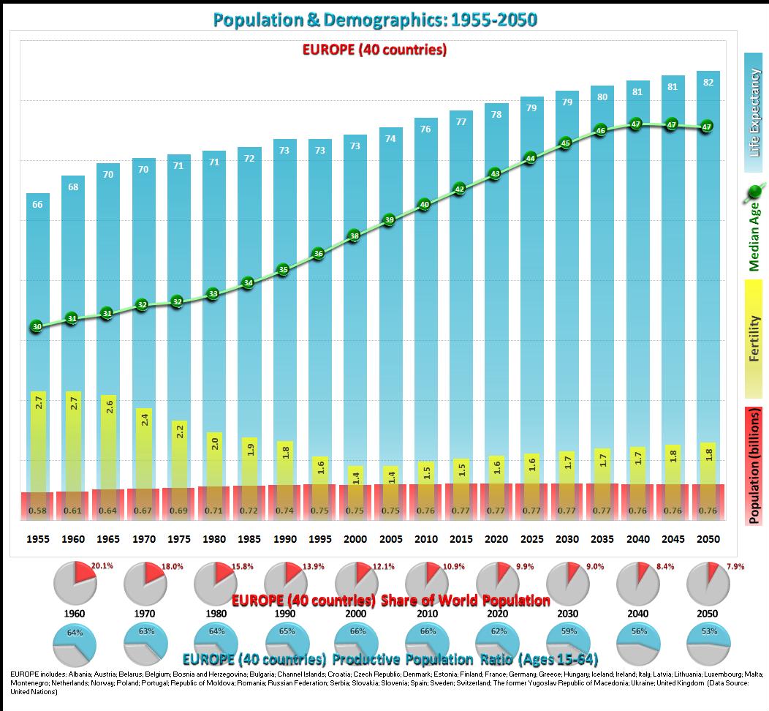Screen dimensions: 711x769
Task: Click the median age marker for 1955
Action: (37, 327)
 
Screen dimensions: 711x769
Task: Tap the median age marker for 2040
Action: (636, 124)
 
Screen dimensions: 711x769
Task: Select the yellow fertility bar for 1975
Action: (179, 454)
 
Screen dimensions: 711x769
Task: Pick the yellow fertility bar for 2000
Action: (355, 475)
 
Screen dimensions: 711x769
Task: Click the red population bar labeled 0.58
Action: (37, 505)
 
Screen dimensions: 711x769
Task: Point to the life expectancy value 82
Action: (707, 82)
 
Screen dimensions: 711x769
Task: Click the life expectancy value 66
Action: (37, 204)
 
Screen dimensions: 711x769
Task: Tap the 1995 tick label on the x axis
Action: (320, 539)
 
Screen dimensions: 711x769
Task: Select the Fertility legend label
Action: (754, 338)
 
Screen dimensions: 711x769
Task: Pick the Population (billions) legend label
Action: (754, 466)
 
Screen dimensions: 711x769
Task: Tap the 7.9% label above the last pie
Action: (733, 566)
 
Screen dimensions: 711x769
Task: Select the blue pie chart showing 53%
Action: (708, 644)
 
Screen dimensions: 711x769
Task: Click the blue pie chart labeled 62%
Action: (497, 644)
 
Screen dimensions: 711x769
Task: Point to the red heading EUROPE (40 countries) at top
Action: (374, 50)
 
